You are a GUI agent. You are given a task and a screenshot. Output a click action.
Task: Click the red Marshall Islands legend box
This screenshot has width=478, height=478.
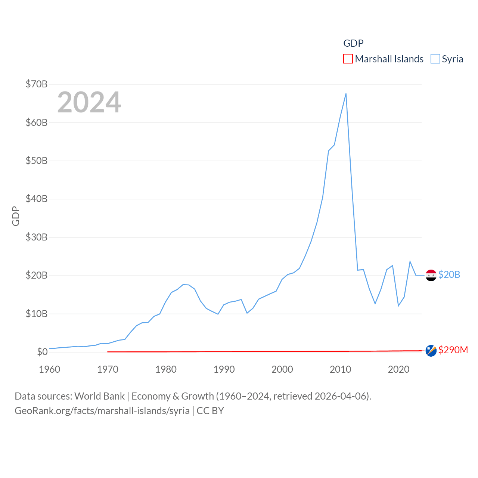click(x=348, y=59)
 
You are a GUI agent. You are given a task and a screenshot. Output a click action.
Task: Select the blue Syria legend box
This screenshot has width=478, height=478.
click(x=435, y=59)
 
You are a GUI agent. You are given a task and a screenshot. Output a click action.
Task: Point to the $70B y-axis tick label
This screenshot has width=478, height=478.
click(x=37, y=84)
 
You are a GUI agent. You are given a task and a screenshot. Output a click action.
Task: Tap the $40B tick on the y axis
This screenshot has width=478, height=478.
click(x=37, y=199)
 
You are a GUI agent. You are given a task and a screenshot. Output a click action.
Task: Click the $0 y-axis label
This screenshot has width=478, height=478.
click(x=42, y=352)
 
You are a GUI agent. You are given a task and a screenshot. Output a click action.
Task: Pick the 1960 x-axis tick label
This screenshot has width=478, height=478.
click(x=50, y=369)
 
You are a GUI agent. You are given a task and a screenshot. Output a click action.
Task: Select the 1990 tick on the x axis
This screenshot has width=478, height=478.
click(x=224, y=369)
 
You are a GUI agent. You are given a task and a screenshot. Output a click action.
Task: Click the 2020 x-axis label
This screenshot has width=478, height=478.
click(x=398, y=369)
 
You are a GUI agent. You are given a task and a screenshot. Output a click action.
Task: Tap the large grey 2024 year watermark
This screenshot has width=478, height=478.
click(x=89, y=102)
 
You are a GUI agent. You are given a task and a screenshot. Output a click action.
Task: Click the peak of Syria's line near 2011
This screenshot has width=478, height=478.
click(x=346, y=94)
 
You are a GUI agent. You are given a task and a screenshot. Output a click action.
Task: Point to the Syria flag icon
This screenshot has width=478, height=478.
click(x=431, y=275)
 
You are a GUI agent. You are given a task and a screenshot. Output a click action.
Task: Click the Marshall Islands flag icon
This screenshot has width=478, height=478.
click(x=431, y=351)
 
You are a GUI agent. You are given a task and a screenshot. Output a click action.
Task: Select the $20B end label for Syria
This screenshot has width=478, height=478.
click(x=449, y=274)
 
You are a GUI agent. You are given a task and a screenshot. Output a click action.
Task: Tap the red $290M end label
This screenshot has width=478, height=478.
click(x=453, y=350)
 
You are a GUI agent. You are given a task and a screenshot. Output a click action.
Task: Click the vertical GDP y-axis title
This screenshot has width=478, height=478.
click(x=16, y=216)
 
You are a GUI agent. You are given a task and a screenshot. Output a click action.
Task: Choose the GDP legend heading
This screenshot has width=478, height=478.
click(x=353, y=43)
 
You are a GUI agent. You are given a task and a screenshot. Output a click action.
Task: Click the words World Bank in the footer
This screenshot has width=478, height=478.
click(x=99, y=396)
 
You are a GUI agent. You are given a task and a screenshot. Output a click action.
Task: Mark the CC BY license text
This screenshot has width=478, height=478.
click(x=210, y=411)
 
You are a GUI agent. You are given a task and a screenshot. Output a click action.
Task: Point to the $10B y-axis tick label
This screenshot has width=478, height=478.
click(x=37, y=314)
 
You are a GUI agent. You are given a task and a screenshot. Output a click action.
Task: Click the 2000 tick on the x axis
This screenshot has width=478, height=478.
click(x=282, y=369)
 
